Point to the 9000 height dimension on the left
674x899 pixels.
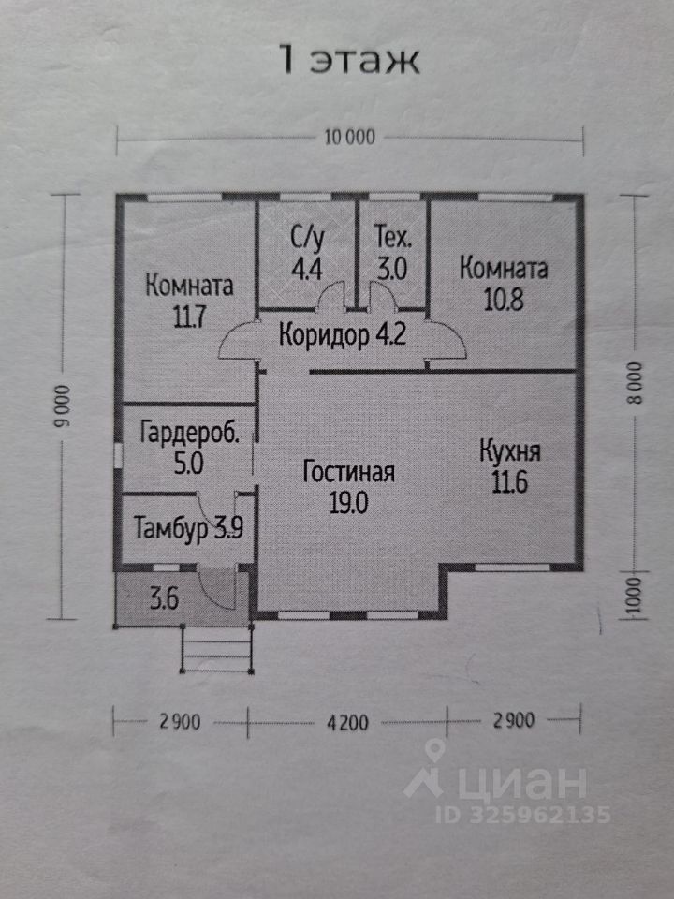pyautogui.click(x=63, y=406)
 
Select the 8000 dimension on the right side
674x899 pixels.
pyautogui.click(x=637, y=382)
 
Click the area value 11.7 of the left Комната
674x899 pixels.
pyautogui.click(x=188, y=317)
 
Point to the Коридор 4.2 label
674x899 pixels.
pyautogui.click(x=342, y=334)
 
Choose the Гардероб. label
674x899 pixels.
pyautogui.click(x=189, y=434)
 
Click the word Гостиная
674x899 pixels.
pyautogui.click(x=348, y=472)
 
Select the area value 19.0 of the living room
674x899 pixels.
pyautogui.click(x=348, y=501)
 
